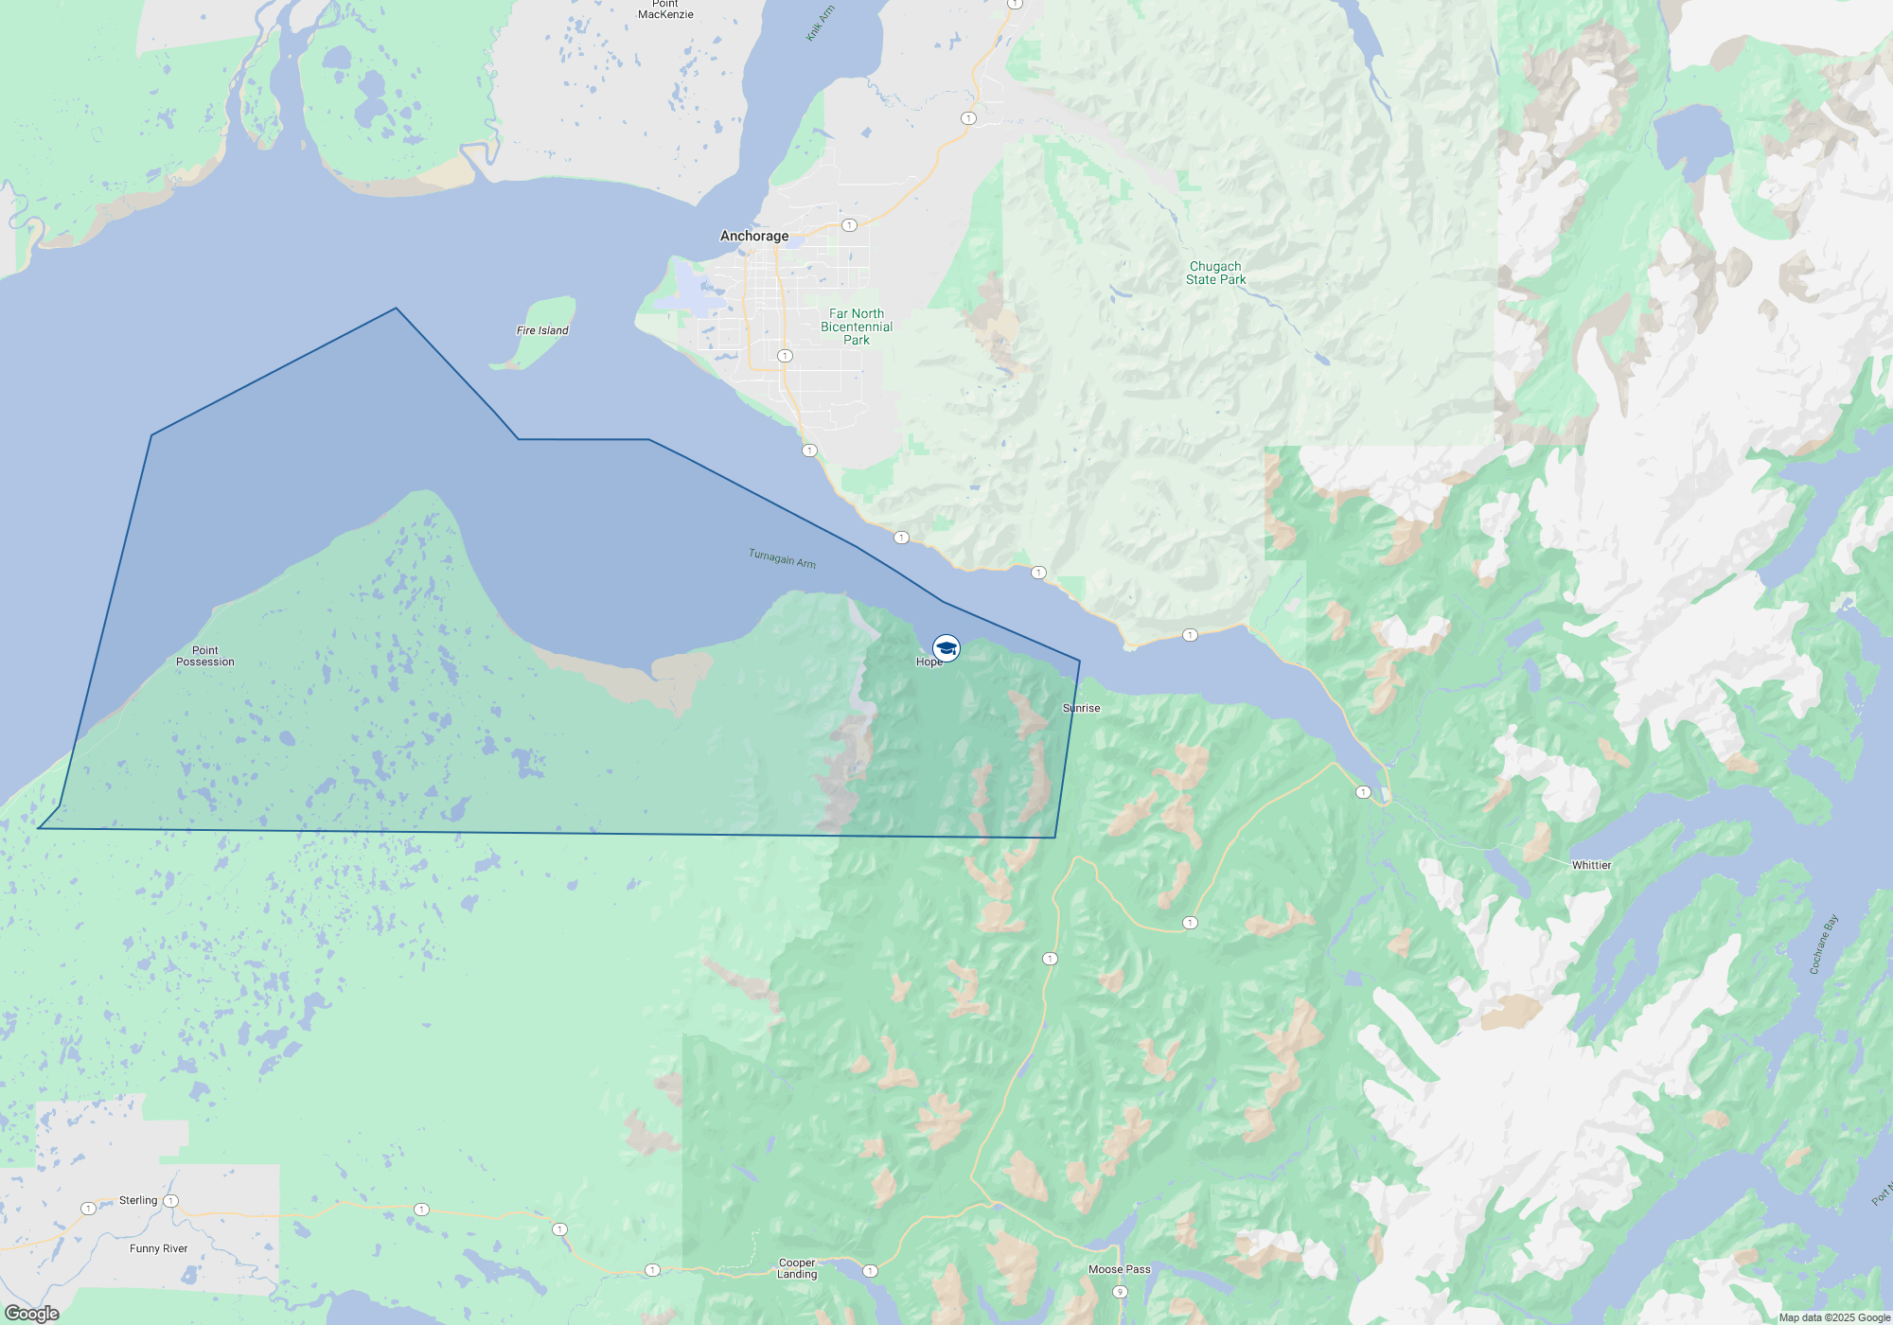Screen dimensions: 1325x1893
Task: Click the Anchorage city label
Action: tap(753, 236)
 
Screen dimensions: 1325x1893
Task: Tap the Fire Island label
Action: tap(542, 330)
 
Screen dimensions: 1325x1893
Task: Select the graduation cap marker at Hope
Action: tap(946, 648)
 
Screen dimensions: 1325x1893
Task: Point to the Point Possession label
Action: tap(205, 656)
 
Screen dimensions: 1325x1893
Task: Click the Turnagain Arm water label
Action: tap(782, 558)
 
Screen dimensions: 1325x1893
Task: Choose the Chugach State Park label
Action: tap(1215, 273)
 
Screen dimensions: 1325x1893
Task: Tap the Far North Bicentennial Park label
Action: tap(857, 327)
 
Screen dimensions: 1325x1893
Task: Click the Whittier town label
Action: tap(1591, 865)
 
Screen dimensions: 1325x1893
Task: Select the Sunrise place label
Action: tap(1081, 708)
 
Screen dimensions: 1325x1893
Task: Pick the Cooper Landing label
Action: tap(797, 1268)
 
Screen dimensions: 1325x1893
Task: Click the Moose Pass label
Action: tap(1119, 1269)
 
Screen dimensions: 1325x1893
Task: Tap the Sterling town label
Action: tap(138, 1200)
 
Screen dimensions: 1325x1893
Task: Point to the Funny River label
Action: tap(159, 1248)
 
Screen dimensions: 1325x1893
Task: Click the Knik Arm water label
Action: tap(820, 24)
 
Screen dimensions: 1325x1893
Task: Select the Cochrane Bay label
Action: tap(1824, 944)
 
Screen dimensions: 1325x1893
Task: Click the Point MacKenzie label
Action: tap(665, 9)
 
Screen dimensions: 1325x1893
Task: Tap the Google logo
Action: tap(32, 1313)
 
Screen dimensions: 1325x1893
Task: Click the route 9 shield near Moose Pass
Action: tap(1120, 1292)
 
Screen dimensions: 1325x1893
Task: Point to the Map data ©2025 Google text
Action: tap(1834, 1317)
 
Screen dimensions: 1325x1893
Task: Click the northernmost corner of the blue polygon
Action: tap(396, 309)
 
